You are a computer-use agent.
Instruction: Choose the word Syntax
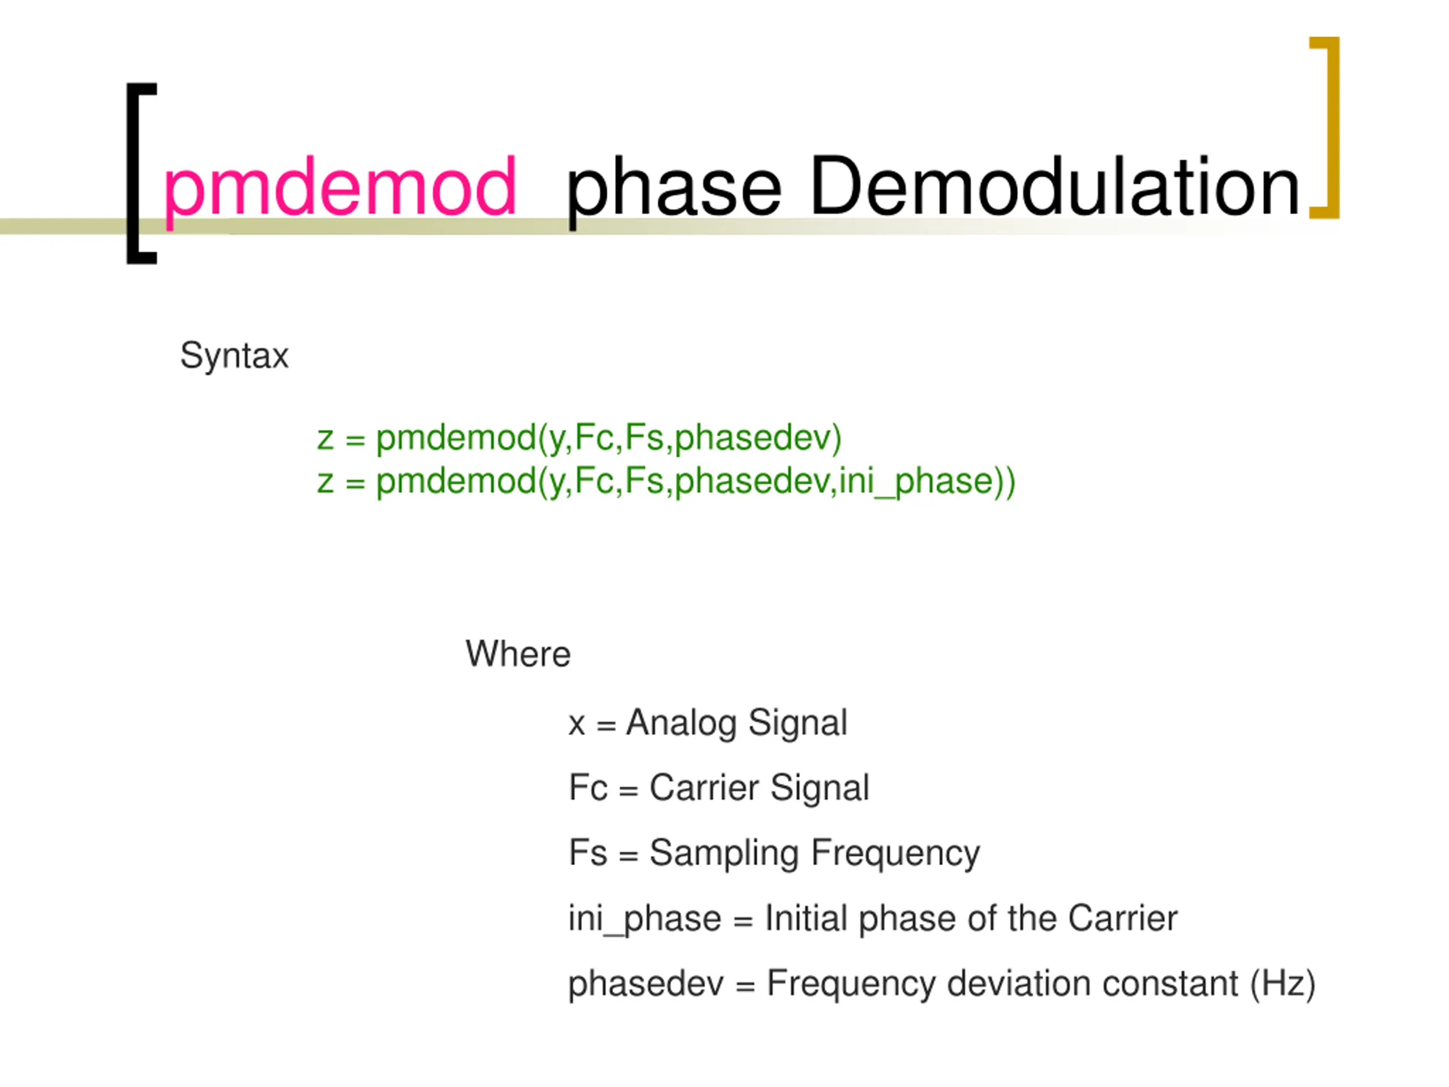[234, 356]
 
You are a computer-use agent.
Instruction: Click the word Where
[517, 654]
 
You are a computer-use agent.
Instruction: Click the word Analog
[681, 724]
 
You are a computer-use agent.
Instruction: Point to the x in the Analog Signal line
[576, 725]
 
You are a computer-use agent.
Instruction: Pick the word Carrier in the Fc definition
[704, 788]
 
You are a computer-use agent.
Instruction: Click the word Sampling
[724, 854]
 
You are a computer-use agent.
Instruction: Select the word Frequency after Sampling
[895, 854]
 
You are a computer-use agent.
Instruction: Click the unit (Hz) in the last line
[1283, 983]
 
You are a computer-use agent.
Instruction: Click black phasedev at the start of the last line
[646, 983]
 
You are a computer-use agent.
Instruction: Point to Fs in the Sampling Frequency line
[588, 853]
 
